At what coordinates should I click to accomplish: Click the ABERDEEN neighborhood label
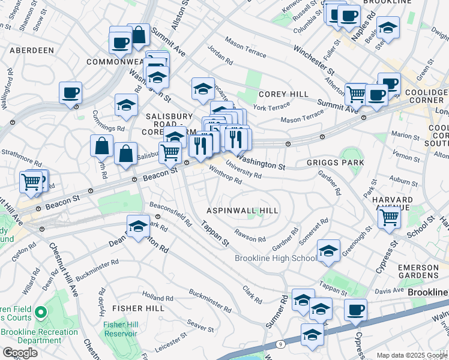[31, 50]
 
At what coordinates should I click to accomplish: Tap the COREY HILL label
[283, 94]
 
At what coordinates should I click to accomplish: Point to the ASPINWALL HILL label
[243, 211]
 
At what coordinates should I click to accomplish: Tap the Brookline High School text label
[276, 258]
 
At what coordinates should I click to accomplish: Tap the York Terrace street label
[268, 107]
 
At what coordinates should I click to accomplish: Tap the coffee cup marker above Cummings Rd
[71, 93]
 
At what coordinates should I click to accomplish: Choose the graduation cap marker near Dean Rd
[138, 226]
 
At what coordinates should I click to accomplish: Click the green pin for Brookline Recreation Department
[40, 313]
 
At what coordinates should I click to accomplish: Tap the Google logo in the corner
[20, 353]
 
